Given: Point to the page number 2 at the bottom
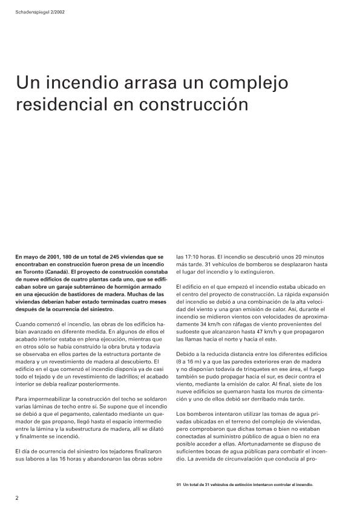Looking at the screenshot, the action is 18,498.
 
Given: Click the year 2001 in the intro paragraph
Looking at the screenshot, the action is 51,257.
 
